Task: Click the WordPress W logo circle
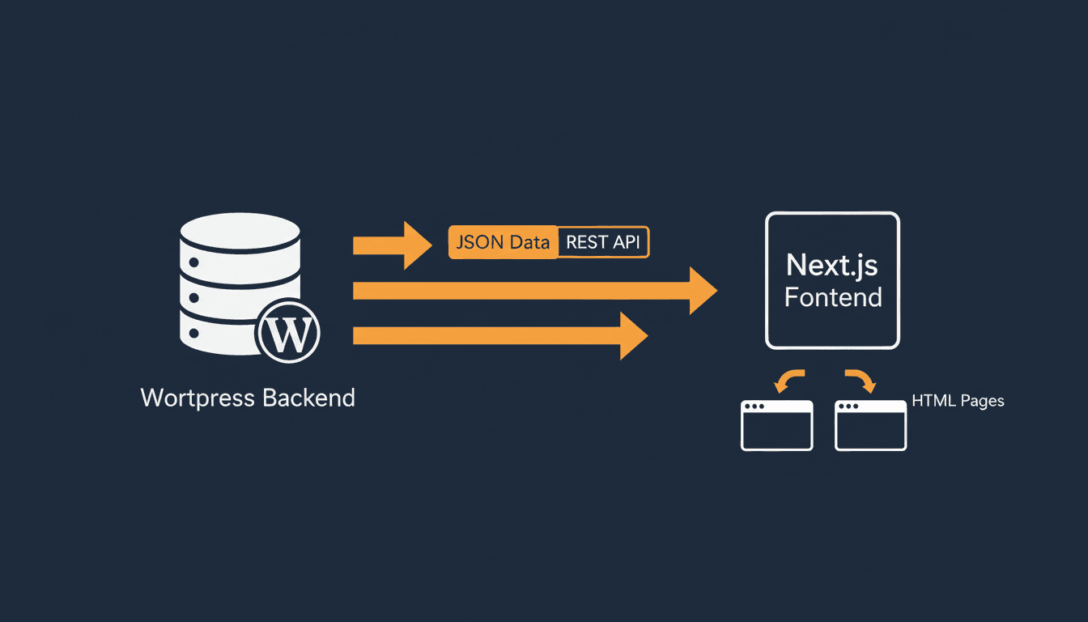click(x=287, y=333)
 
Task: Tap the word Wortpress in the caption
click(x=198, y=398)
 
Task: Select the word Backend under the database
click(x=308, y=398)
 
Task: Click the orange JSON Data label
click(x=503, y=242)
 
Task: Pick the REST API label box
click(x=604, y=242)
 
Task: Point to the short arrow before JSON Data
click(x=392, y=245)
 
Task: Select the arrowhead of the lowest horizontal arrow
click(x=633, y=335)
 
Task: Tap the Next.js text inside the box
click(x=832, y=265)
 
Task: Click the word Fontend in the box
click(x=833, y=297)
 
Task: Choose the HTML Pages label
click(x=958, y=401)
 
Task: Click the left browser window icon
click(x=776, y=425)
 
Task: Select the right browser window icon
click(x=870, y=425)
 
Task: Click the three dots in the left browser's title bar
click(x=755, y=407)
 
